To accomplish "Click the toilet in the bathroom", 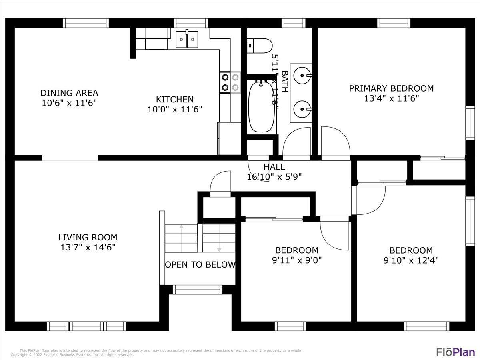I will click(260, 45).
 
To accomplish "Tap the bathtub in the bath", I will click(262, 106).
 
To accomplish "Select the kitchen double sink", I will click(187, 39).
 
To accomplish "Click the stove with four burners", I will click(230, 82).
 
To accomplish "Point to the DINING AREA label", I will click(69, 93).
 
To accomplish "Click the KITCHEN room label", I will click(175, 99).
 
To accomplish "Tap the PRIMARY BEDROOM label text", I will click(391, 88).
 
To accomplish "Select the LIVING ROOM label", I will click(88, 237).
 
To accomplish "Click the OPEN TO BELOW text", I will click(200, 264).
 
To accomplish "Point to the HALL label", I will click(274, 167).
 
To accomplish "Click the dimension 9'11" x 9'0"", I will click(297, 260).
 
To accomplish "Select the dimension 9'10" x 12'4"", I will click(411, 260).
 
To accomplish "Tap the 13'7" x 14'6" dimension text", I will click(88, 247).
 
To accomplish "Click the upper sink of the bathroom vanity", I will click(301, 74).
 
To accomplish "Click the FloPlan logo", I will click(455, 352).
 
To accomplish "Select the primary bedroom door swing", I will click(335, 142).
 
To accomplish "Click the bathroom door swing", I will click(297, 142).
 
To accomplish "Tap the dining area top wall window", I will click(86, 23).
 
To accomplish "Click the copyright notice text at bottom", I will click(72, 354).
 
